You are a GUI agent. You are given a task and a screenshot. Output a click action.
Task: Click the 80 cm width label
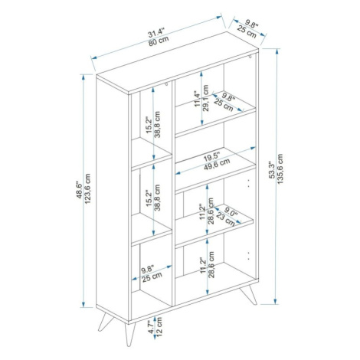(x=159, y=41)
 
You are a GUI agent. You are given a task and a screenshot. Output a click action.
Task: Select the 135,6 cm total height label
(x=280, y=169)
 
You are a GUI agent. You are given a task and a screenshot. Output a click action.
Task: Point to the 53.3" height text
(x=272, y=169)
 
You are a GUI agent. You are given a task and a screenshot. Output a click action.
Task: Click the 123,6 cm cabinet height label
(x=87, y=188)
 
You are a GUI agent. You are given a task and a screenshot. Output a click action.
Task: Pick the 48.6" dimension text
(x=80, y=190)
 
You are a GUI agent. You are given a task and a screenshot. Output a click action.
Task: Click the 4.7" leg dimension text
(x=151, y=328)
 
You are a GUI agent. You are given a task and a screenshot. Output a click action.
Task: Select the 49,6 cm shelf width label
(x=217, y=164)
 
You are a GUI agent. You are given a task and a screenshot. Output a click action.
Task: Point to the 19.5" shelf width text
(x=211, y=156)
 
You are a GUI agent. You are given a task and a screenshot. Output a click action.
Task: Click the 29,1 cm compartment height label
(x=206, y=98)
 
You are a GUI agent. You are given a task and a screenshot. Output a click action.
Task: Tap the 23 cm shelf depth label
(x=225, y=220)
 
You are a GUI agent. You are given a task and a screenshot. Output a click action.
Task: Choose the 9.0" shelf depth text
(x=231, y=212)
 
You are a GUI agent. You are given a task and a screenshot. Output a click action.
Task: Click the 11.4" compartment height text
(x=198, y=99)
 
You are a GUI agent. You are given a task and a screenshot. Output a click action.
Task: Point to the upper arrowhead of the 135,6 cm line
(x=277, y=51)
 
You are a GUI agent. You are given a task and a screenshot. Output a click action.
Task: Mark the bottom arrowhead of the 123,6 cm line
(x=83, y=304)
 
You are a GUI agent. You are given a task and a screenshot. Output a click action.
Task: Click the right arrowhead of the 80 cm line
(x=219, y=17)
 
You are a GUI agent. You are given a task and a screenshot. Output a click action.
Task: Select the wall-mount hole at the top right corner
(x=250, y=57)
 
